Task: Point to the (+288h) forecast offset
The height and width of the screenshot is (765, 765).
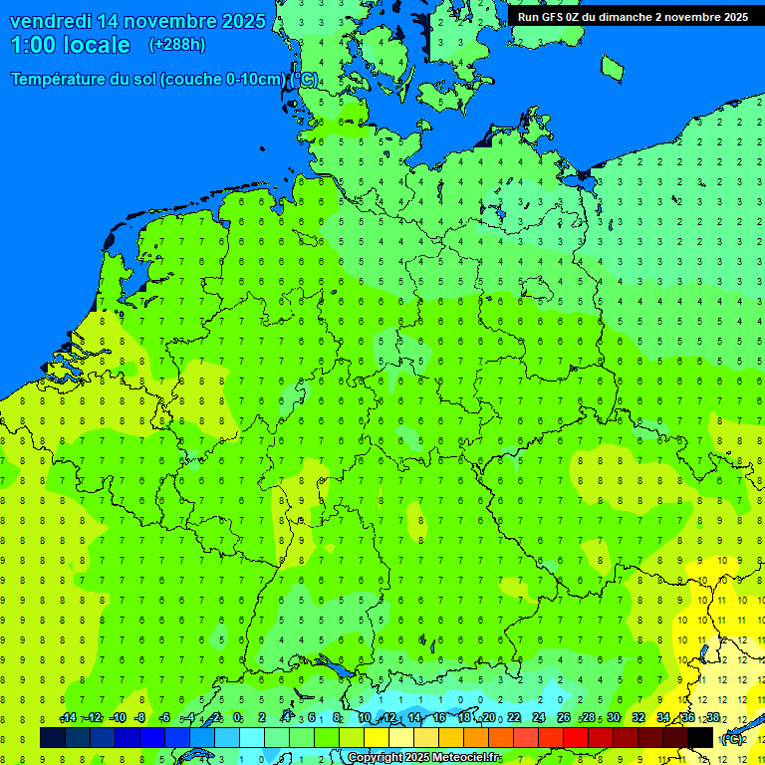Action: (x=176, y=45)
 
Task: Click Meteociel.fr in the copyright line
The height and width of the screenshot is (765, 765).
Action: (x=464, y=758)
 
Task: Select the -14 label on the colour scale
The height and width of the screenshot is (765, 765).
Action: (x=68, y=718)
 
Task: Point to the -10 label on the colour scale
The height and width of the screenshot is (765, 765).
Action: (x=118, y=718)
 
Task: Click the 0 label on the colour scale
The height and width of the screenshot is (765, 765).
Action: (x=237, y=718)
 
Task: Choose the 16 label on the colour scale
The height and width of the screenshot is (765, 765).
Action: (x=439, y=718)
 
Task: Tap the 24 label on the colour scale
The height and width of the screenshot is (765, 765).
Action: (x=539, y=718)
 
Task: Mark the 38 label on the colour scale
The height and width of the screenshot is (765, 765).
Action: (x=713, y=718)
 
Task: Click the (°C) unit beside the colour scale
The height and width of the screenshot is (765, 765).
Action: (x=732, y=738)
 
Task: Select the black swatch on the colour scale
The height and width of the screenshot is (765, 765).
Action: (x=700, y=738)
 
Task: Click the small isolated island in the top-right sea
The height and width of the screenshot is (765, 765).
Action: (x=612, y=67)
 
